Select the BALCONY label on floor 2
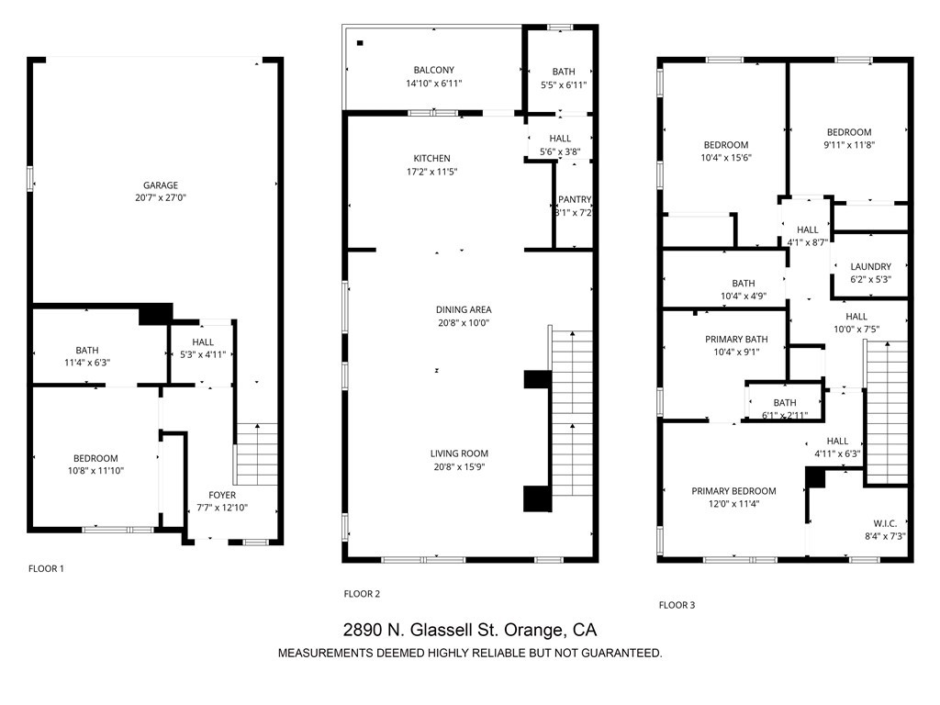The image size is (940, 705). tap(433, 71)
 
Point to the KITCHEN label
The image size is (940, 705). tap(431, 159)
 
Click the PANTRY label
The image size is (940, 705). tap(574, 200)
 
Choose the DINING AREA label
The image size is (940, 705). tap(464, 310)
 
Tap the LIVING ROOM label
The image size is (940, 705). tap(459, 453)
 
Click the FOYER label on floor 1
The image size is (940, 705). tap(222, 496)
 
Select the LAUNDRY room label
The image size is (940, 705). tap(870, 267)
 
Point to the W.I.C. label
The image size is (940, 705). tap(885, 523)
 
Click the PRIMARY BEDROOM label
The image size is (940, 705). tap(733, 491)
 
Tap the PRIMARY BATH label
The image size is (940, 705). tap(736, 340)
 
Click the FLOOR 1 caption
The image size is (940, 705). tap(47, 569)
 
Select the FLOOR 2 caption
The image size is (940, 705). tap(362, 594)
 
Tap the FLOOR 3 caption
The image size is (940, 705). tap(677, 605)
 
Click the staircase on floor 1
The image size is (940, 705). tap(257, 453)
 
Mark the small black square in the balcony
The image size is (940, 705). tap(361, 43)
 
